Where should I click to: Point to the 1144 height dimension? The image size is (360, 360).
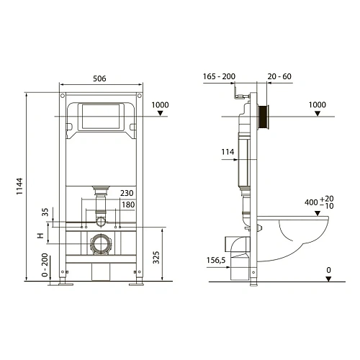click(20, 187)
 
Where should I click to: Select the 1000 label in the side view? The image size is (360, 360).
click(317, 104)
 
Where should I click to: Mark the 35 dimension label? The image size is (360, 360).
click(45, 212)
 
